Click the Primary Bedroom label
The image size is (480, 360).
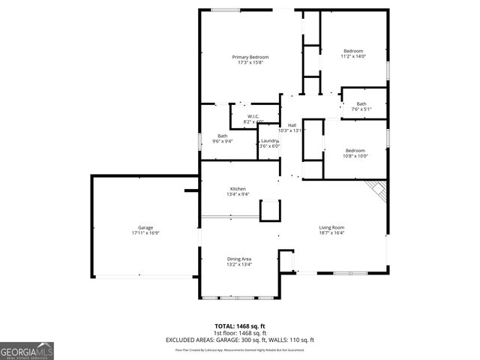[250, 57]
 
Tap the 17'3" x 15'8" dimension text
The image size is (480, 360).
[250, 62]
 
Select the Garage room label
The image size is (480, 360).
[145, 227]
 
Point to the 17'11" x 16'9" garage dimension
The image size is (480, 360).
[145, 232]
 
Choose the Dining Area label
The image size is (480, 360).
[239, 259]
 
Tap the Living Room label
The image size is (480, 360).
[331, 227]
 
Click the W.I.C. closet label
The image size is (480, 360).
[253, 116]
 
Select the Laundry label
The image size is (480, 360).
[269, 141]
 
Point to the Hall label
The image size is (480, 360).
[292, 124]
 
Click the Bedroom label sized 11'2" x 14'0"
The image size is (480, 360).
[352, 51]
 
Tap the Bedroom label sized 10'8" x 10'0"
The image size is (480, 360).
[355, 150]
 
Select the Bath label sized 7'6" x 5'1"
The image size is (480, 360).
[361, 104]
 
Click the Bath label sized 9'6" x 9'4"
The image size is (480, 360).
[223, 136]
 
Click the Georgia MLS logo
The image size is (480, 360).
[26, 351]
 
